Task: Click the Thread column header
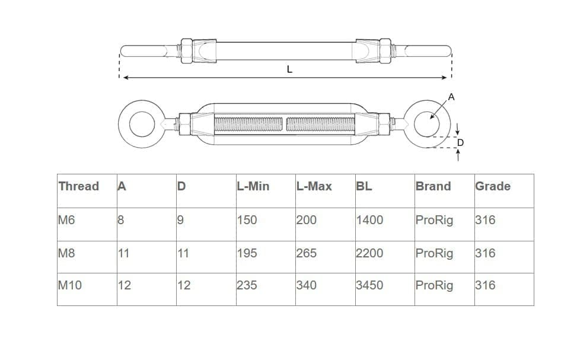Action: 79,186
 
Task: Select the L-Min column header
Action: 253,186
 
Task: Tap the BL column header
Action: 364,186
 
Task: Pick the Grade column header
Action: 493,186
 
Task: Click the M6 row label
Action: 66,220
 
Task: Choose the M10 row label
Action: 70,285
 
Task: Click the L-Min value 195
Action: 247,253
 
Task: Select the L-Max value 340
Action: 307,285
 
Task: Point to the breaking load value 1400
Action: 369,220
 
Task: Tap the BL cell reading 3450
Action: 369,285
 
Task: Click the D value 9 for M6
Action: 180,220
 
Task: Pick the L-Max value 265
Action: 307,253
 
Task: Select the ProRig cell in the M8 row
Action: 434,253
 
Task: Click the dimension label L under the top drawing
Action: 289,69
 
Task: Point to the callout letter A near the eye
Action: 451,97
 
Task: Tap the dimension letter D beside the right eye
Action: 460,142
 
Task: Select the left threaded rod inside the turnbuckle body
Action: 248,124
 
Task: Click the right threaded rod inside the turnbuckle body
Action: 320,124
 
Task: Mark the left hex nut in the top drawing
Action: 187,51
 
